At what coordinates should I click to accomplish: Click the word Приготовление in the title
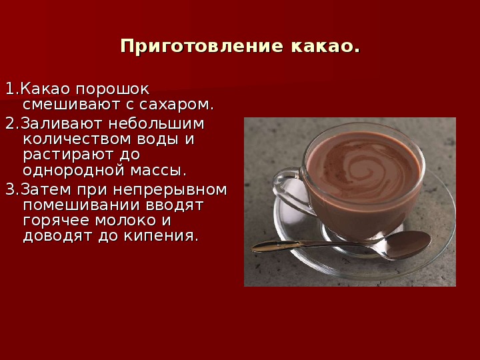[x=202, y=46]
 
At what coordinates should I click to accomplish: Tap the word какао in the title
[x=325, y=46]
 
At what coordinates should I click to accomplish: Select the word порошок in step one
[x=113, y=90]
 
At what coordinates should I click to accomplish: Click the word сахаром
[x=176, y=105]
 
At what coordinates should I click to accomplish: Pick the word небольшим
[x=156, y=124]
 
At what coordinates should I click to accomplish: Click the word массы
[x=158, y=171]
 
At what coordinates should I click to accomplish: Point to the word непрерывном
[x=170, y=190]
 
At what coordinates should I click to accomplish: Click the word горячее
[x=56, y=221]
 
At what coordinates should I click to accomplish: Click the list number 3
[x=11, y=189]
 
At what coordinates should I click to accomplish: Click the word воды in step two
[x=157, y=139]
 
